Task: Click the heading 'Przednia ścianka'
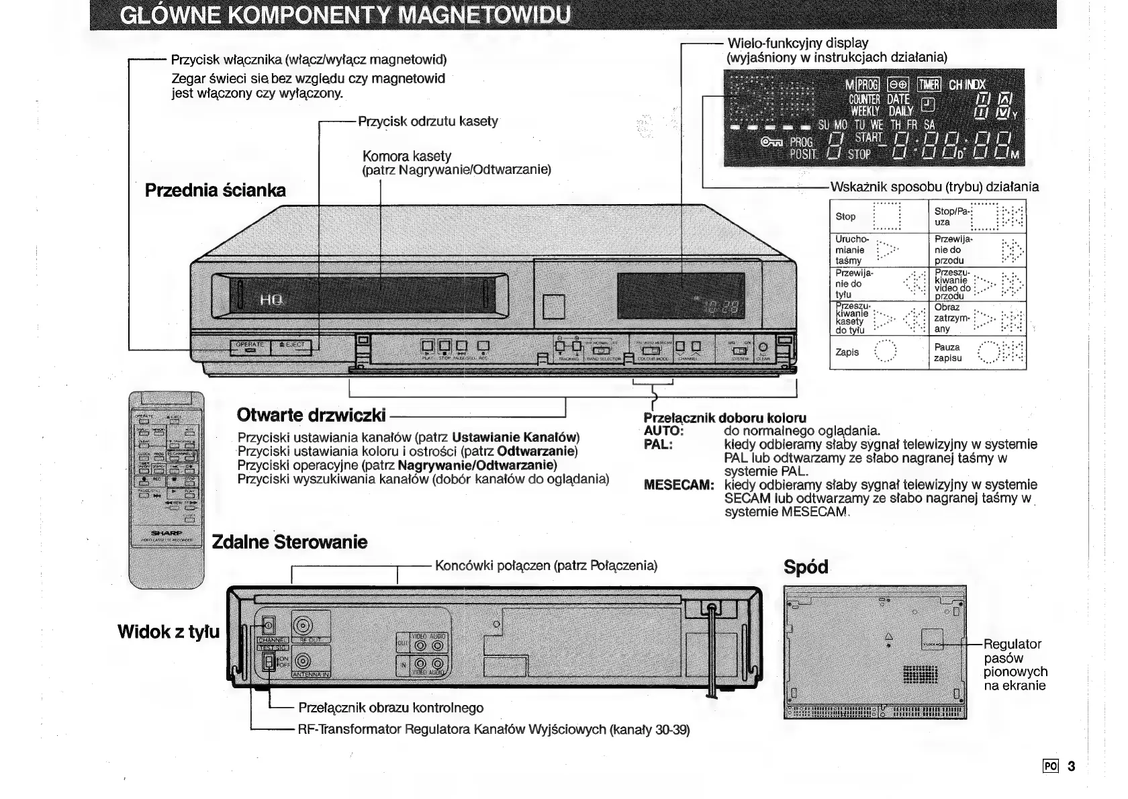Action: [x=216, y=191]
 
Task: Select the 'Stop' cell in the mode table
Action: [x=878, y=216]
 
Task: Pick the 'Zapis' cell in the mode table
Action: [x=878, y=352]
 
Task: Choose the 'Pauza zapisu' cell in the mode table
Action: [x=977, y=352]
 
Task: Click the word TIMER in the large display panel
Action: [x=929, y=85]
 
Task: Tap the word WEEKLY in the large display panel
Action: [x=865, y=111]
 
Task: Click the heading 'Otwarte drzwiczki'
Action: [x=312, y=415]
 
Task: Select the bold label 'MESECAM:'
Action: [x=678, y=485]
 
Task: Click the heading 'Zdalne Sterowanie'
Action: [x=289, y=542]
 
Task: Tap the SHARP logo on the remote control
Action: [x=166, y=532]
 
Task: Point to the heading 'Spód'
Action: [x=806, y=567]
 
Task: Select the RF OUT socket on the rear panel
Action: [x=302, y=626]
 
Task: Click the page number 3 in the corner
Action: [x=1071, y=766]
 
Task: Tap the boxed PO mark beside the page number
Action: [x=1051, y=766]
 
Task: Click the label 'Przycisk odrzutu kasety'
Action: [x=428, y=122]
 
